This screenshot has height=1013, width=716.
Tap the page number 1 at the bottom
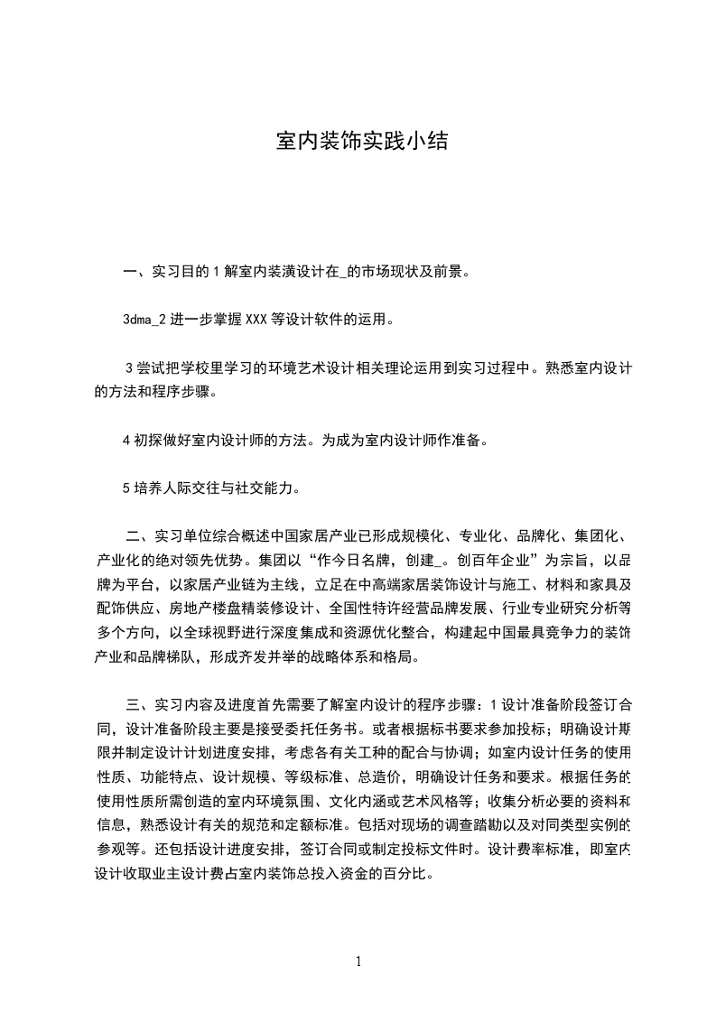pos(358,961)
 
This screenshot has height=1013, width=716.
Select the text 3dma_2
pos(146,319)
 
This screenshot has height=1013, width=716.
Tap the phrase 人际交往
pos(191,489)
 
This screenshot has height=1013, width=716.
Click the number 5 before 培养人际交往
pos(126,489)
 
